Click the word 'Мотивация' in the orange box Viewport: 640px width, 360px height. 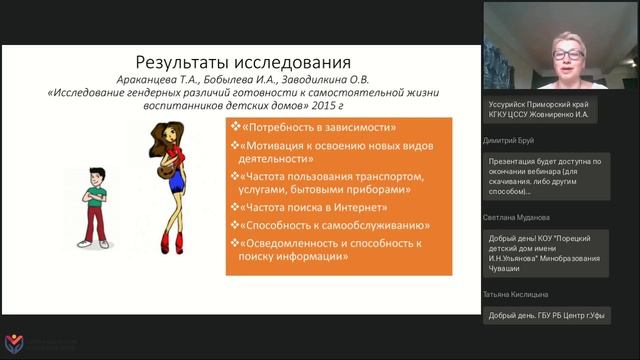coord(277,145)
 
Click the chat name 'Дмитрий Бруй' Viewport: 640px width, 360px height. coord(508,142)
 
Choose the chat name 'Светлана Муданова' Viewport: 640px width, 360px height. coord(516,217)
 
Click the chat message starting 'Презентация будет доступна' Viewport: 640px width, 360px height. coord(546,177)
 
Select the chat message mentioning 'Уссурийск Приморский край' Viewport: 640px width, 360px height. coord(546,111)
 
